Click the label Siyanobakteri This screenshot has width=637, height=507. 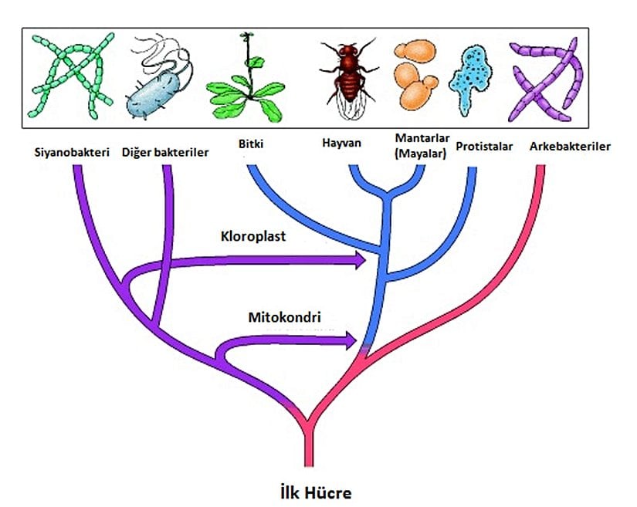[71, 151]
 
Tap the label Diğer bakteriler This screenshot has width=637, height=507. [165, 151]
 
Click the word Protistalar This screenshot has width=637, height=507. [484, 146]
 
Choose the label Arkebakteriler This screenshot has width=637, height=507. [570, 146]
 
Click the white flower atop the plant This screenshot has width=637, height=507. [247, 35]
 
